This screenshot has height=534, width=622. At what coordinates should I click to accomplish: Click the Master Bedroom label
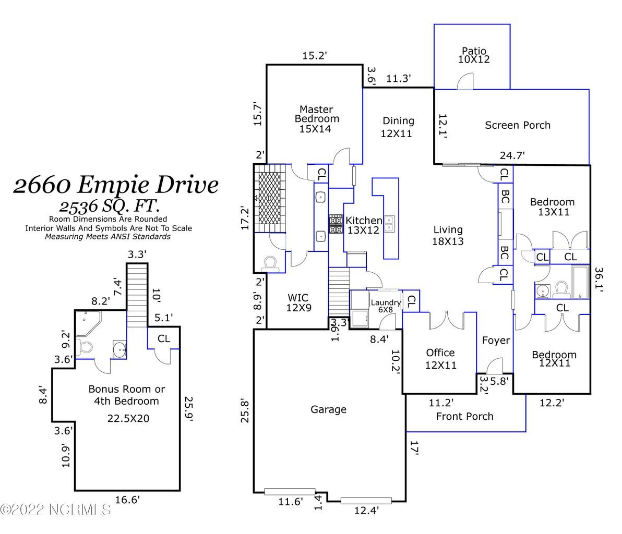coord(316,119)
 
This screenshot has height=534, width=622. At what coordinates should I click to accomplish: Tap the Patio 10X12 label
coord(474,55)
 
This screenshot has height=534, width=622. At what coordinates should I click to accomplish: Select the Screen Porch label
coord(517,125)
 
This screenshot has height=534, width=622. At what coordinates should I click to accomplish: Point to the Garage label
coord(328,410)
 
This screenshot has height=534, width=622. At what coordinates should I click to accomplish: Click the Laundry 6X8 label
coord(386,306)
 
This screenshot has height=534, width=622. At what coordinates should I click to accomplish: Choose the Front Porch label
coord(464,416)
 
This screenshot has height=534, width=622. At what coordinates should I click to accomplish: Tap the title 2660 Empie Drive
coord(116,184)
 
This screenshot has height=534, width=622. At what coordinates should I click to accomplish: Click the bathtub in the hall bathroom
coord(579,282)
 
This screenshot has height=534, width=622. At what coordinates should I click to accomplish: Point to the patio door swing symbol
coord(465,81)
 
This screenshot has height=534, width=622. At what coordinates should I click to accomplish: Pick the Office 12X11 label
coord(440,359)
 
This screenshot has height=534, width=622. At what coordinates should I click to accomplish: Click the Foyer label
coord(495,341)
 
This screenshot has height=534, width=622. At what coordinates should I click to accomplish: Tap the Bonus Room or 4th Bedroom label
coord(127,395)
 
